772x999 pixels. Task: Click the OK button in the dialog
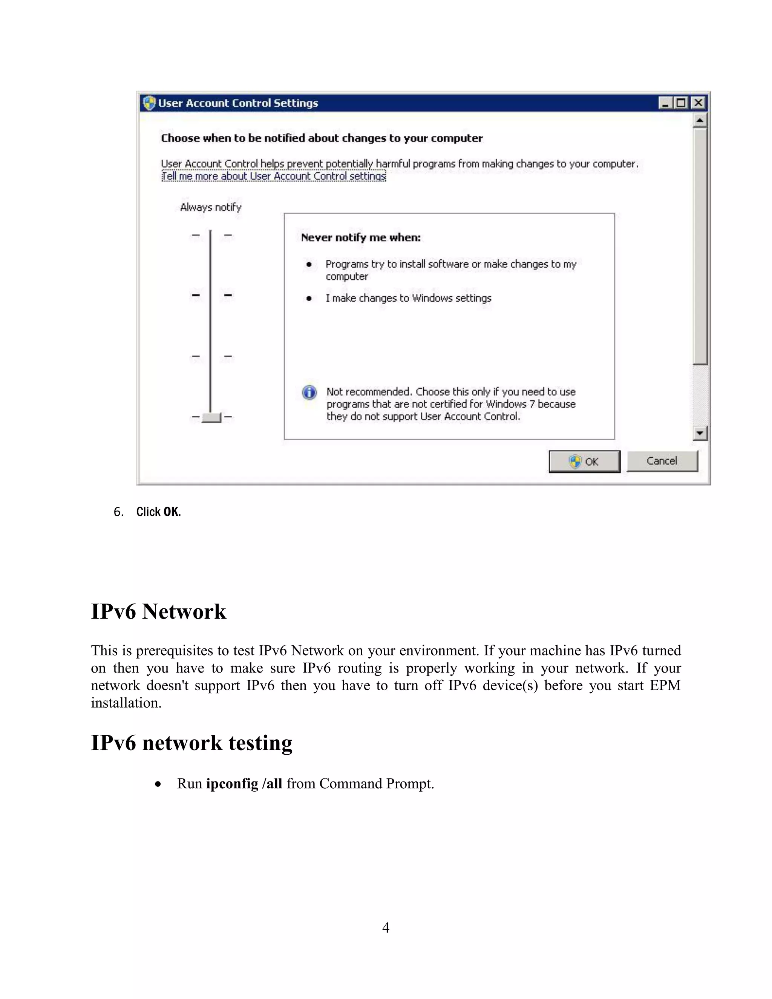pos(584,461)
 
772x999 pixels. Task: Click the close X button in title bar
pos(698,103)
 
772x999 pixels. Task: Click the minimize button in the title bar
pos(665,103)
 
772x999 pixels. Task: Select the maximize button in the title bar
pos(682,103)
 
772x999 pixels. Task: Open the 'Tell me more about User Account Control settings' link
pos(274,176)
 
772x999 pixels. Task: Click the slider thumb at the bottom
pos(211,417)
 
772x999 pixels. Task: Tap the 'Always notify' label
pos(210,207)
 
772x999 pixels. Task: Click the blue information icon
pos(309,392)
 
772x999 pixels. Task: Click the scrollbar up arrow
pos(700,121)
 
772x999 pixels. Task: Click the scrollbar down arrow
pos(700,433)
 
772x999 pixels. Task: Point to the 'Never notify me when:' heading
pos(360,237)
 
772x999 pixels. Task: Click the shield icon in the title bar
pos(149,103)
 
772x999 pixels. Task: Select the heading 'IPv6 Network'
pos(158,611)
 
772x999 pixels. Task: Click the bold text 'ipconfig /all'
pos(244,784)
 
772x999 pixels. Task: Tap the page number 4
pos(386,927)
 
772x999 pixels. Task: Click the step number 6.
pos(118,512)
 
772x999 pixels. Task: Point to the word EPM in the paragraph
pos(665,685)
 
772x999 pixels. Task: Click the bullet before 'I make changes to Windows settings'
pos(309,299)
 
